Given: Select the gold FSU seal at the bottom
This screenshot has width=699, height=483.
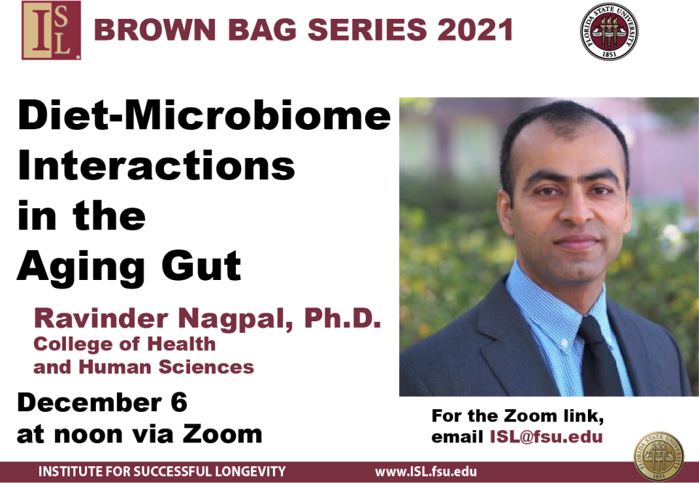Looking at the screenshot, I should pyautogui.click(x=658, y=455).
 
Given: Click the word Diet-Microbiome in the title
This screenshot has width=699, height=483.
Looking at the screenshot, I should pyautogui.click(x=203, y=117).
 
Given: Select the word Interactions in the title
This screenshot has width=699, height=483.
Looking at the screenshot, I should pyautogui.click(x=156, y=167).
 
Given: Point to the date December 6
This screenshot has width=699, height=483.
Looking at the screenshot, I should pyautogui.click(x=102, y=402).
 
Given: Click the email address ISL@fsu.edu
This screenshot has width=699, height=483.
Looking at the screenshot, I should pyautogui.click(x=543, y=437).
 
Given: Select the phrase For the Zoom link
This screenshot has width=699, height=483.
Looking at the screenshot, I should pyautogui.click(x=517, y=416).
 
